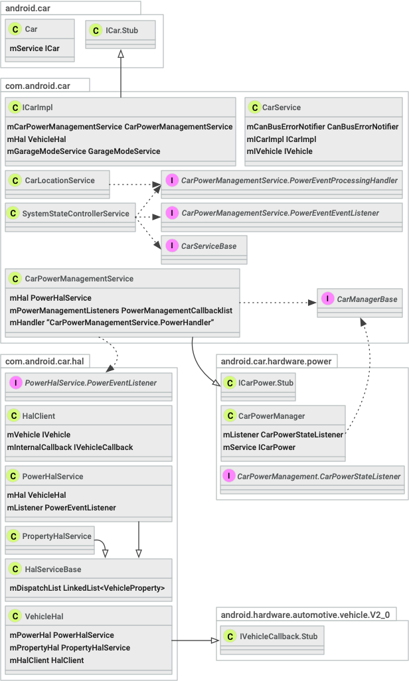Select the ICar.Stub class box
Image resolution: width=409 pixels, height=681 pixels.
121,31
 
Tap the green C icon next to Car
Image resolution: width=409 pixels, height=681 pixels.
15,30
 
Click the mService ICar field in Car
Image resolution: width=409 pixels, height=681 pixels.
34,48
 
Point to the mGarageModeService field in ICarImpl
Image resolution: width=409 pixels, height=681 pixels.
83,151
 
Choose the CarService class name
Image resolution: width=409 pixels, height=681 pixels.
281,108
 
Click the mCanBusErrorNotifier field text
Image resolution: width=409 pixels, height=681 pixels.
322,127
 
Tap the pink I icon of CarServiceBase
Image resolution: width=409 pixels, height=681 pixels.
171,246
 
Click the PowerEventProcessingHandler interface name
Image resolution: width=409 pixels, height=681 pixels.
289,181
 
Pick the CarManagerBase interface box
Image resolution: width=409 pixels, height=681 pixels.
360,299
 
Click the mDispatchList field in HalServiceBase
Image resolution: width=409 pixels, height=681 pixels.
87,588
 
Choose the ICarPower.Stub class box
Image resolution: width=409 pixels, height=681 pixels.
258,383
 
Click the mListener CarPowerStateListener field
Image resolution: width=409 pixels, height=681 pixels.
283,435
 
